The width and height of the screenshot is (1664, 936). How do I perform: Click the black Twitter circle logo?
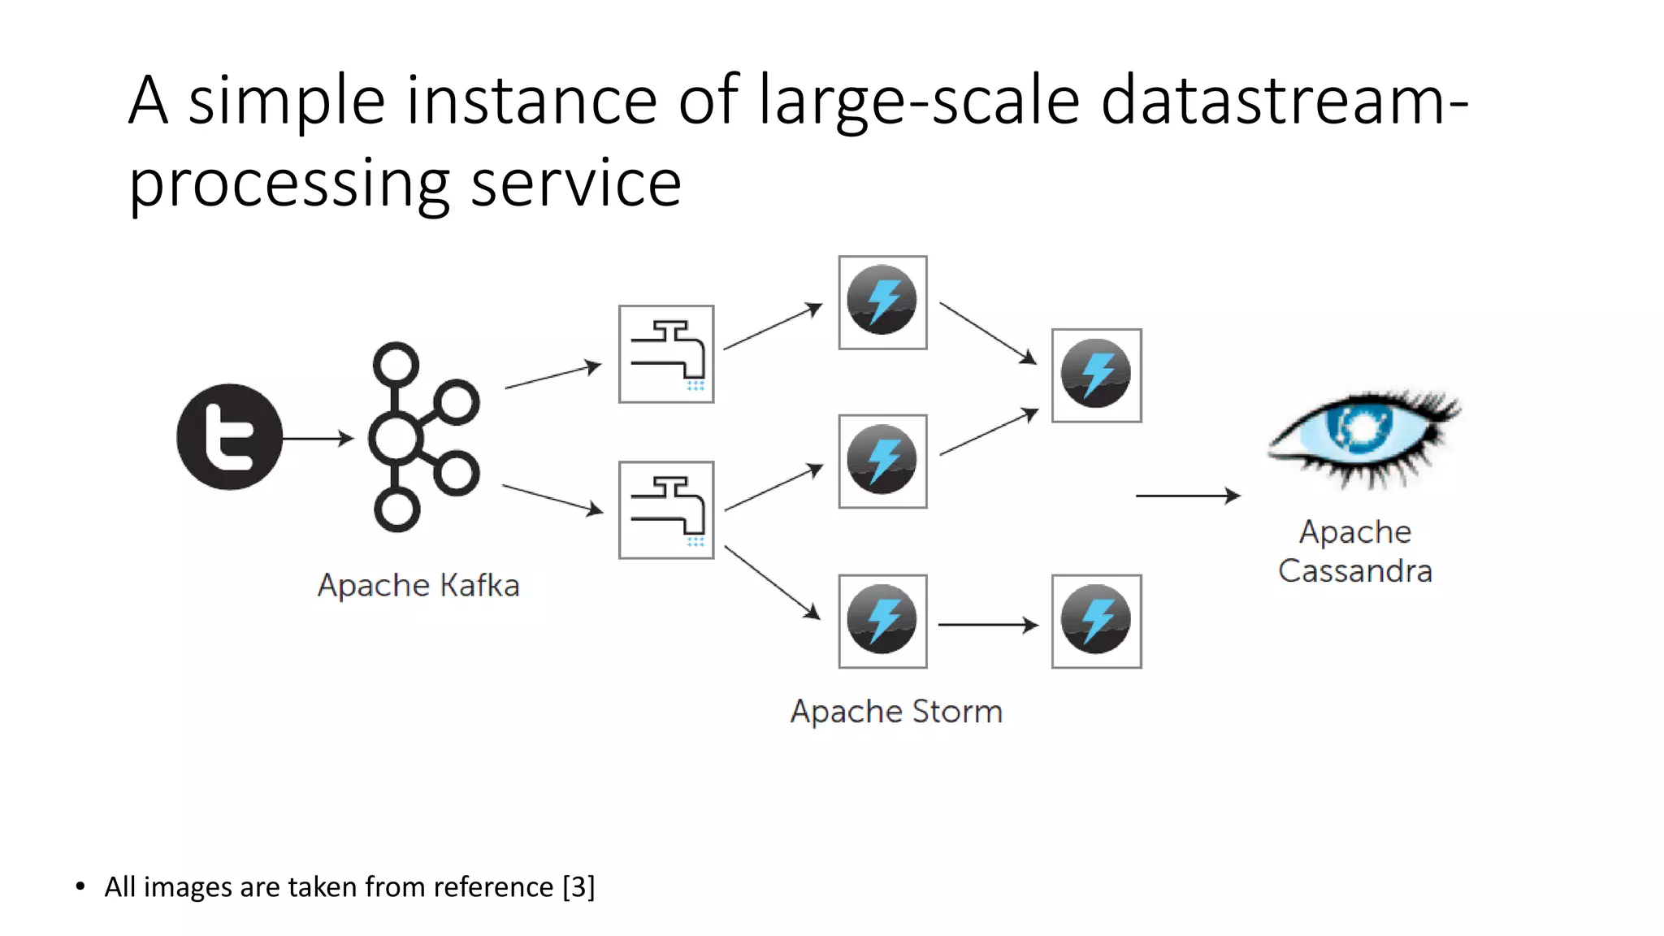[x=229, y=437]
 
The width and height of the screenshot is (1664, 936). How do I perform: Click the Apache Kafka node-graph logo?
[x=422, y=437]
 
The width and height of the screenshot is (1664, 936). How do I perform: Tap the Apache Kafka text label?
[x=418, y=585]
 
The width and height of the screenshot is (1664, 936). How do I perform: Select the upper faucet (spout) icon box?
[x=666, y=354]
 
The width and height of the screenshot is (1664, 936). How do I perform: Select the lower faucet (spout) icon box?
[x=666, y=510]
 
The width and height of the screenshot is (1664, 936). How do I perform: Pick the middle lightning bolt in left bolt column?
[x=882, y=461]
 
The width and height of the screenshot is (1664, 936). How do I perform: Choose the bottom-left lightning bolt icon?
[x=882, y=622]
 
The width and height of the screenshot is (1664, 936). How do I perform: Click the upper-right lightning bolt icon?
[x=1096, y=375]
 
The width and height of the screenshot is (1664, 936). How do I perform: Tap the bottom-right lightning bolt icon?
[x=1096, y=622]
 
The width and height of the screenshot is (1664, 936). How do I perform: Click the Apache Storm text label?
[x=896, y=712]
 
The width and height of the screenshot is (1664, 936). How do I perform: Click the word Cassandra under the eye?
[x=1354, y=571]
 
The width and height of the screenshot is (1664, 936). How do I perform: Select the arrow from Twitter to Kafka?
[x=318, y=439]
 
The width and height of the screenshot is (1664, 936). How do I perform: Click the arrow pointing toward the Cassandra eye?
[x=1187, y=495]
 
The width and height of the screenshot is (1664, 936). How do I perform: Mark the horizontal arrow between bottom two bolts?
[x=988, y=625]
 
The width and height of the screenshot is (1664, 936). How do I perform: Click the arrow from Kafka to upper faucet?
[x=552, y=377]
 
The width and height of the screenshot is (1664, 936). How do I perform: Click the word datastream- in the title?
[x=1284, y=101]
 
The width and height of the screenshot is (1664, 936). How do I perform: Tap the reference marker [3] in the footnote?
[x=578, y=886]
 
